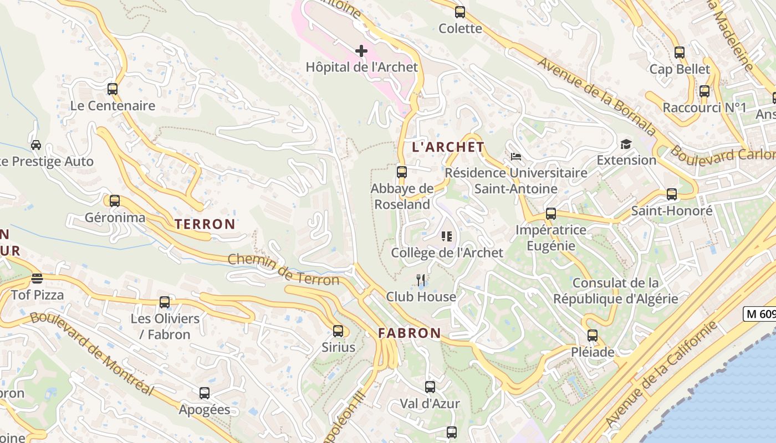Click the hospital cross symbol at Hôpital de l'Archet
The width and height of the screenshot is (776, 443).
pyautogui.click(x=361, y=51)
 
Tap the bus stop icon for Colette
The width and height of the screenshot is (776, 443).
pyautogui.click(x=460, y=12)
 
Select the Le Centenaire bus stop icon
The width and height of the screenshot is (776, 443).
pyautogui.click(x=113, y=89)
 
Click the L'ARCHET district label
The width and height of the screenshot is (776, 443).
pyautogui.click(x=448, y=147)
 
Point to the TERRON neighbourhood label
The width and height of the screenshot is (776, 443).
pyautogui.click(x=205, y=224)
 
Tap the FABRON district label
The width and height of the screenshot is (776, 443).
pyautogui.click(x=410, y=333)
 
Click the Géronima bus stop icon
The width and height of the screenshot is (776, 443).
pyautogui.click(x=115, y=201)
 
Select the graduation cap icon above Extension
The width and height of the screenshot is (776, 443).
pyautogui.click(x=626, y=145)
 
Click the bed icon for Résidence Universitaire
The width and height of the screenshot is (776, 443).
pyautogui.click(x=516, y=157)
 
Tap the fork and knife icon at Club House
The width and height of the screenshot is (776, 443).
pyautogui.click(x=421, y=280)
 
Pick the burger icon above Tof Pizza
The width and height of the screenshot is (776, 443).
pyautogui.click(x=37, y=278)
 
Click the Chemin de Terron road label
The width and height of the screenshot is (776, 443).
pyautogui.click(x=283, y=270)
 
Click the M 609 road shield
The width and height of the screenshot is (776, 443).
pyautogui.click(x=759, y=314)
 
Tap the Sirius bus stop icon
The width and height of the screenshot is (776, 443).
pyautogui.click(x=338, y=331)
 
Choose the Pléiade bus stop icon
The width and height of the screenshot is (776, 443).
pyautogui.click(x=593, y=336)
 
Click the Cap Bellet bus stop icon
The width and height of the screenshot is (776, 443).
pyautogui.click(x=680, y=53)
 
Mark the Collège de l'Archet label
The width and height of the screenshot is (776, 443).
pyautogui.click(x=447, y=253)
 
